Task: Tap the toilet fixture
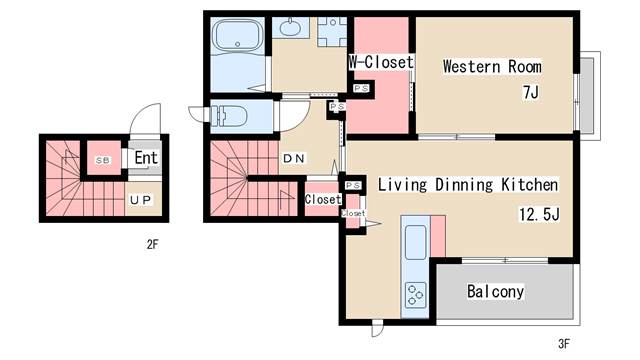click(x=229, y=116)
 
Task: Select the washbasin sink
click(x=289, y=27)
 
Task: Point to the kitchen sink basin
click(x=416, y=242)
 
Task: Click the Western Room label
click(x=492, y=66)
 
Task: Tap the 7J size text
click(x=531, y=92)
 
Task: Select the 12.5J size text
click(x=539, y=213)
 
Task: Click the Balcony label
click(x=495, y=291)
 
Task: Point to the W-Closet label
click(x=381, y=62)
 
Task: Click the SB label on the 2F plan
click(x=103, y=160)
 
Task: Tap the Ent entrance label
click(x=146, y=158)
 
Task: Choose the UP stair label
click(x=140, y=200)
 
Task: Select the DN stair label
click(x=294, y=158)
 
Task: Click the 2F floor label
click(x=152, y=244)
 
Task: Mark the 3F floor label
click(x=564, y=344)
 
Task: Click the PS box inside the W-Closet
click(x=361, y=88)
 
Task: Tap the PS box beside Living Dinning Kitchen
click(x=353, y=186)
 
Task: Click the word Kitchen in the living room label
click(x=529, y=184)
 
